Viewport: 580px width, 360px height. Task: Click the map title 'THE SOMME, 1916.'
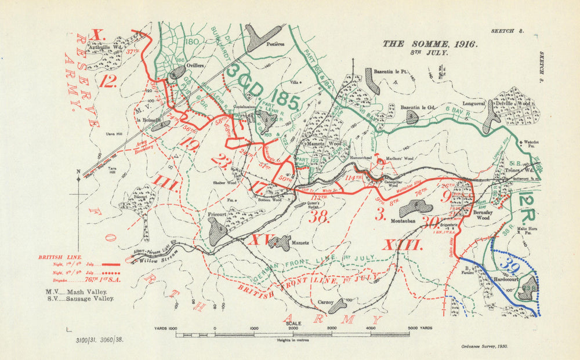(429, 43)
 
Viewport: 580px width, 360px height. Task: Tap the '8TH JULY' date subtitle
(430, 52)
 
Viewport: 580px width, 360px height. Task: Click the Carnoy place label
(325, 301)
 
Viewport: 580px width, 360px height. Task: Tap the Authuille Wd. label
(111, 49)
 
